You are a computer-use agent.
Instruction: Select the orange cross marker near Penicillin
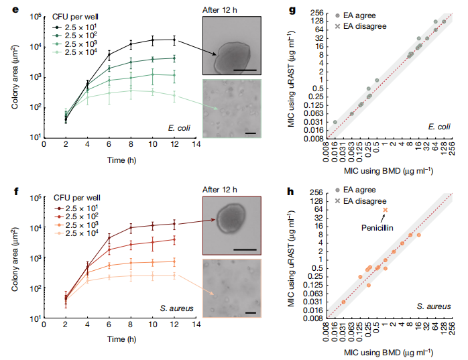[385, 211]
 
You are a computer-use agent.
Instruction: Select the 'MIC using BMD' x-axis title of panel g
[386, 172]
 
